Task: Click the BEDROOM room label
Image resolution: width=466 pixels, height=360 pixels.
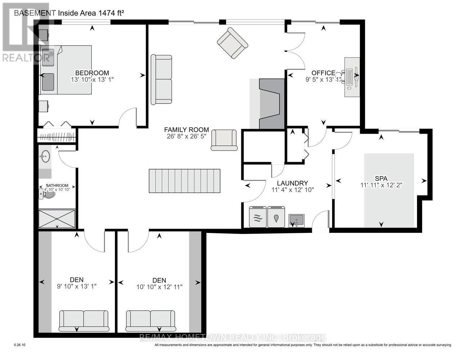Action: coord(92,73)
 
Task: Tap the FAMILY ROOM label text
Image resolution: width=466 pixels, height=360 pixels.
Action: coord(186,130)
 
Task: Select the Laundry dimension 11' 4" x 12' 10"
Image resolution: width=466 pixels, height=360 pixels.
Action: coord(292,190)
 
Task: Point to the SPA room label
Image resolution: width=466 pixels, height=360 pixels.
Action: coord(381,178)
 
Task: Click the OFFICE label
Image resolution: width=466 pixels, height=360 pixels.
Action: coord(323,73)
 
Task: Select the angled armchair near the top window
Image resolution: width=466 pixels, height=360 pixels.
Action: coord(232,43)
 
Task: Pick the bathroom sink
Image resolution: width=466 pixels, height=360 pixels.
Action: coord(45,157)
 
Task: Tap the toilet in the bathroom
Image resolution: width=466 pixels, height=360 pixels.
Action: coord(47,195)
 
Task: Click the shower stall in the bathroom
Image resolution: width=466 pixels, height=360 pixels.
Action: coord(57,219)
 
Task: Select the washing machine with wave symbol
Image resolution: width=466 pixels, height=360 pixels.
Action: coord(258,217)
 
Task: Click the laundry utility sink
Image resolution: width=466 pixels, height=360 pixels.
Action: coord(296,220)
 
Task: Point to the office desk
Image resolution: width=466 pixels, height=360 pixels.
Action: coord(352,77)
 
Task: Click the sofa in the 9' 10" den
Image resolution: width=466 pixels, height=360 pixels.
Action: coord(84,321)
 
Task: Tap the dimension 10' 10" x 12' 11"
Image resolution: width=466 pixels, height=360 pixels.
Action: coord(159,287)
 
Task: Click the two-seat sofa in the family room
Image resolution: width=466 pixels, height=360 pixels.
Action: coord(161,80)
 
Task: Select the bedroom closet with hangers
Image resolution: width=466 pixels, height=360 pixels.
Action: coord(57,137)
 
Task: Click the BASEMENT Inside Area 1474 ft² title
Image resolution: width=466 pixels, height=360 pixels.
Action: coord(69,13)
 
